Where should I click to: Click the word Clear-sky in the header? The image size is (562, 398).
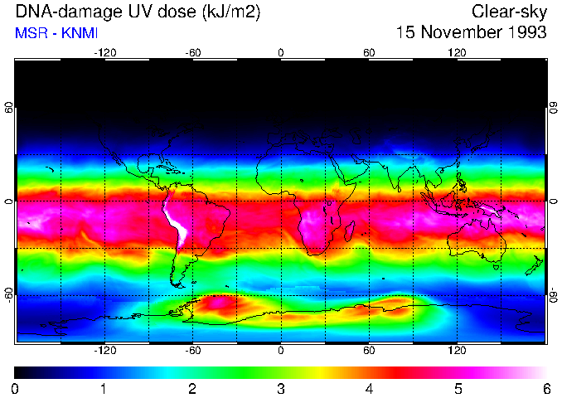[x=509, y=12]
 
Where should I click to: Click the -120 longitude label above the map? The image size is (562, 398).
[x=104, y=52]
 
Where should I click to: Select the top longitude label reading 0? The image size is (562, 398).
[x=281, y=52]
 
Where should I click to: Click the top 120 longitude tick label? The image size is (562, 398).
[x=457, y=52]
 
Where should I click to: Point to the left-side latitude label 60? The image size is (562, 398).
[x=9, y=108]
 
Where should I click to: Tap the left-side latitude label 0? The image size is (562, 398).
[x=9, y=201]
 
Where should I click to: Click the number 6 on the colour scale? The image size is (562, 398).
[x=545, y=387]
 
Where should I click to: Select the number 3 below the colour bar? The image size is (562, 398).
[x=281, y=387]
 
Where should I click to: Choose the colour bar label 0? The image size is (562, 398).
[x=16, y=387]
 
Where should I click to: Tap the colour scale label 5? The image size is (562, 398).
[x=458, y=387]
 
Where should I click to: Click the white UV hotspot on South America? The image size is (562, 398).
[x=176, y=222]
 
